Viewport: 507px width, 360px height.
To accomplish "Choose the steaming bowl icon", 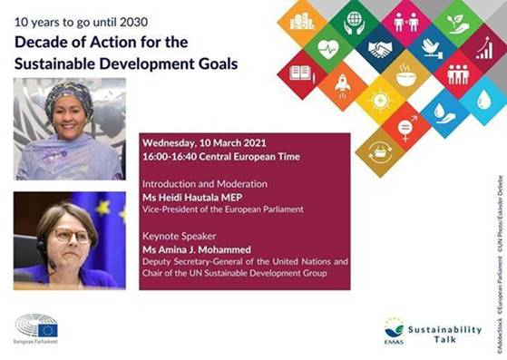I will [405, 75].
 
